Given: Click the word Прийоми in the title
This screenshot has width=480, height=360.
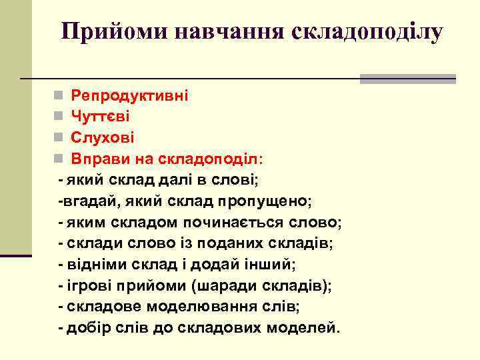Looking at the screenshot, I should coord(106,31).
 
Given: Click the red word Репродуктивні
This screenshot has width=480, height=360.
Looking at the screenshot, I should coord(130,95).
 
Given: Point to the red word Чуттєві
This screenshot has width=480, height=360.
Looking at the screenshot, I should coord(101,117).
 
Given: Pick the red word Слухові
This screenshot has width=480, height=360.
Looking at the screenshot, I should coord(103,138).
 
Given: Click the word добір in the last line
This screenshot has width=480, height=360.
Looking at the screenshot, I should coord(88,329).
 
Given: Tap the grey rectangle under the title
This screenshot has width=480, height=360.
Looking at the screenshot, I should coord(407,79).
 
